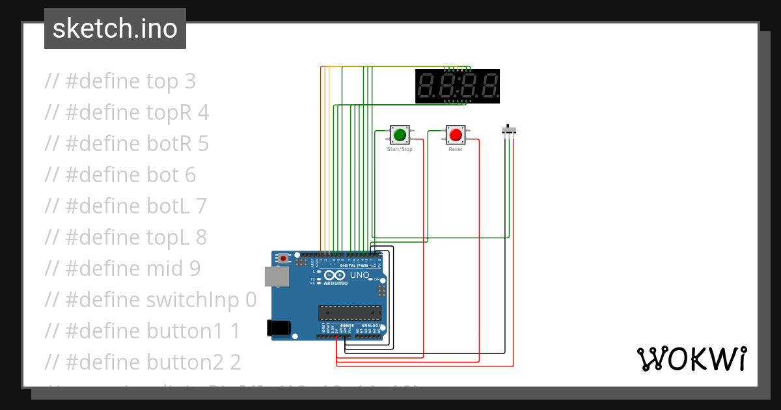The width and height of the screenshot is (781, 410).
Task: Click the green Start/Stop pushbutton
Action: click(x=400, y=135)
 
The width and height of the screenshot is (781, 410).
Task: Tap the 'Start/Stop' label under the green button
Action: click(x=400, y=150)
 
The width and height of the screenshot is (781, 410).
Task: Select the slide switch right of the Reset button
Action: click(x=510, y=129)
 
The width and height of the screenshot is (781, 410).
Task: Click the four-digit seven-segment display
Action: click(x=458, y=86)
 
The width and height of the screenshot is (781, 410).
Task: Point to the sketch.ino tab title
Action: click(x=115, y=29)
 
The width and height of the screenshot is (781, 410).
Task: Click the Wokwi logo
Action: click(x=691, y=359)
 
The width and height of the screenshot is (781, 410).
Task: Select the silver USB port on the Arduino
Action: click(x=277, y=277)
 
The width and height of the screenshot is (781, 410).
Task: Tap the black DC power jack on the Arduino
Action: click(x=281, y=328)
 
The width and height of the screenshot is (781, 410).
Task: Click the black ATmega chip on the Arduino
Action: click(x=349, y=312)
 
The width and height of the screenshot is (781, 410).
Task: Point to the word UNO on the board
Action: click(x=360, y=275)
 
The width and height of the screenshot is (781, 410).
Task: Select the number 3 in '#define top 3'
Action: click(x=189, y=81)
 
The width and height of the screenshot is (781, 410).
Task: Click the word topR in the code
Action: click(x=169, y=113)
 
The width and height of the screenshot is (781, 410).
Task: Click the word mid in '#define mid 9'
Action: click(x=158, y=269)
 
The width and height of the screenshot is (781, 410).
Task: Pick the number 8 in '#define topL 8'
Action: click(x=200, y=238)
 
